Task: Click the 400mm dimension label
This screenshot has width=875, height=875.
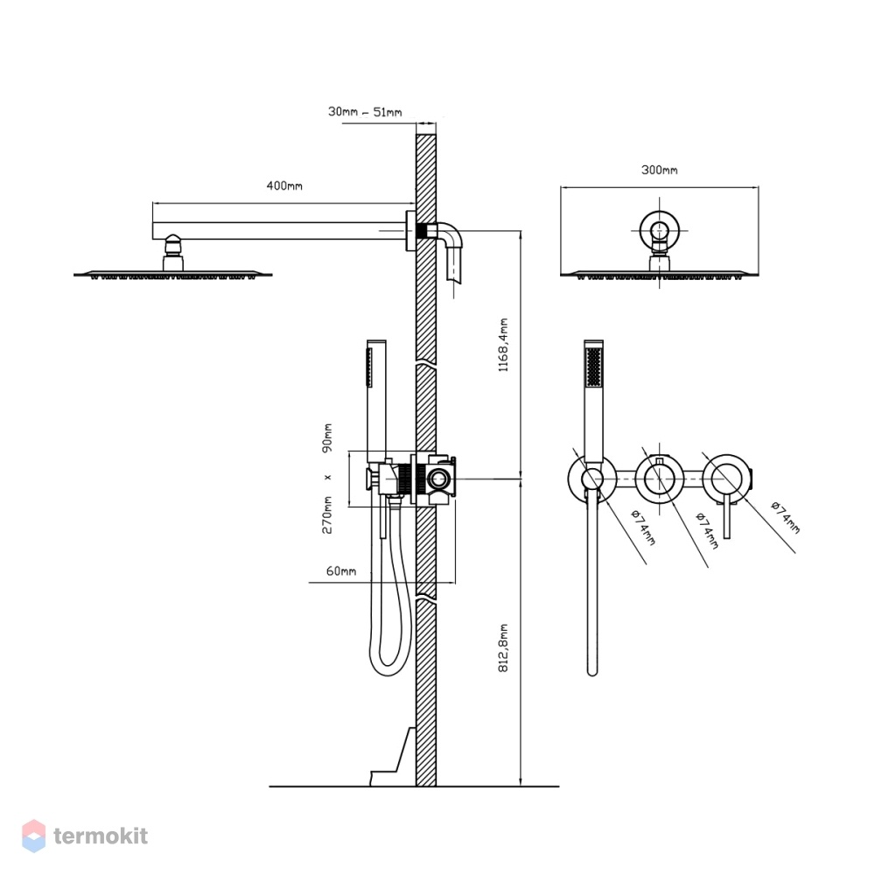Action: point(284,185)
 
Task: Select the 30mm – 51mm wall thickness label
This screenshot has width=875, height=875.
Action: point(365,112)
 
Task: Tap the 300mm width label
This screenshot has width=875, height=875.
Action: point(660,170)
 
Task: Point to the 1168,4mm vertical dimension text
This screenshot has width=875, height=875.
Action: point(503,345)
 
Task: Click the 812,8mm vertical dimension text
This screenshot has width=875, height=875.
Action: point(503,647)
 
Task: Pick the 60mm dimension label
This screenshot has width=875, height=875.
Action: point(341,570)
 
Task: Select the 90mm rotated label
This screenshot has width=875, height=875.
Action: point(327,437)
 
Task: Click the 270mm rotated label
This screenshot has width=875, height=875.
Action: point(327,514)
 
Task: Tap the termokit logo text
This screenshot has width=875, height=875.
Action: point(101,836)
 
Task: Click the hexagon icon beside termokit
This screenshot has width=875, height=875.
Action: point(33,836)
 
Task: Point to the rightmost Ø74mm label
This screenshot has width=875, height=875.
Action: point(786,517)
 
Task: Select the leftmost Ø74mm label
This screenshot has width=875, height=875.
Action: point(643,527)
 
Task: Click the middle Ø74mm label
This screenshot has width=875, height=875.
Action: point(707,530)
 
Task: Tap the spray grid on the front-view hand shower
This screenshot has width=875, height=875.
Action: point(593,366)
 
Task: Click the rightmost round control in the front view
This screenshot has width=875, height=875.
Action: point(726,479)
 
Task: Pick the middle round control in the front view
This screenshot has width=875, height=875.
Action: point(660,479)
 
